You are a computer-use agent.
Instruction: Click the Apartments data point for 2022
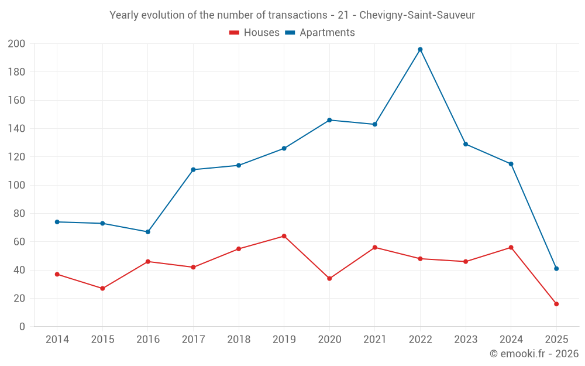pos(420,49)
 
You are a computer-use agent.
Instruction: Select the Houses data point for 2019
pos(284,236)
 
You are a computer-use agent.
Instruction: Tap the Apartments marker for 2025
pos(556,269)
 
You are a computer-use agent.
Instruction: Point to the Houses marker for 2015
pos(102,288)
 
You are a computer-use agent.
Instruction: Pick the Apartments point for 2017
pos(193,170)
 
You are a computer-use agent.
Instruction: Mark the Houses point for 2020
pos(329,278)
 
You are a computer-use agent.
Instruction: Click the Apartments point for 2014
pos(57,222)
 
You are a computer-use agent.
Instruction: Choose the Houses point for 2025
pos(556,304)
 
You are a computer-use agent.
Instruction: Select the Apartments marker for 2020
pos(329,120)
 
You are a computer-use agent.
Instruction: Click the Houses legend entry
pos(254,33)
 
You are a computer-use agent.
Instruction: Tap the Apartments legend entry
pos(320,33)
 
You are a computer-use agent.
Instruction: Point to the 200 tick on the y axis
pos(16,44)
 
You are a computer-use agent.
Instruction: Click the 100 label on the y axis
pos(16,185)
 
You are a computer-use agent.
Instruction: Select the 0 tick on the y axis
pos(22,327)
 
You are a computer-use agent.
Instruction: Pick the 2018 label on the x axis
pos(239,340)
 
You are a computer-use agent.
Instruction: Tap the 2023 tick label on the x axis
pos(466,340)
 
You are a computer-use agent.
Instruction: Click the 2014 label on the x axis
pos(57,340)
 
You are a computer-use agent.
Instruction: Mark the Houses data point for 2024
pos(511,247)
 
